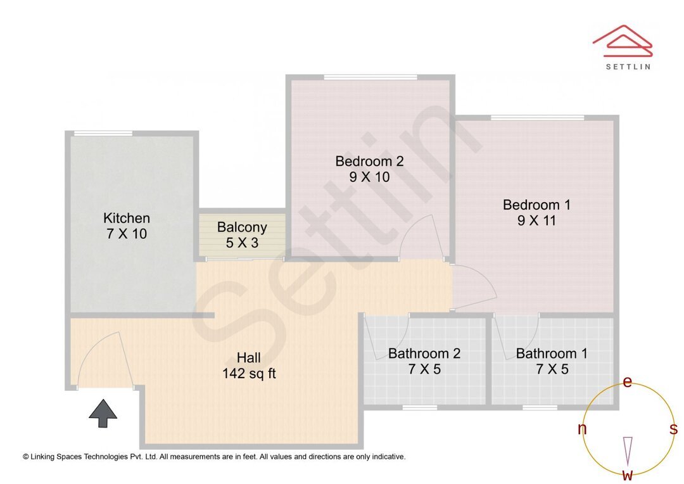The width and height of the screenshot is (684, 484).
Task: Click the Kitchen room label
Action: pyautogui.click(x=127, y=219)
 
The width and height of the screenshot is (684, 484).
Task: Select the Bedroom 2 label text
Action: pyautogui.click(x=369, y=162)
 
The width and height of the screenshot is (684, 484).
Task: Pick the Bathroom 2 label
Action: pyautogui.click(x=424, y=353)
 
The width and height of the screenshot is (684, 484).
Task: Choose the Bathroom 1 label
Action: pyautogui.click(x=552, y=353)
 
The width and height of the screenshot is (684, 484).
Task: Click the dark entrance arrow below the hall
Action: pyautogui.click(x=103, y=414)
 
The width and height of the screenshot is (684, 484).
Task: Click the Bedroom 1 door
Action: pyautogui.click(x=474, y=288)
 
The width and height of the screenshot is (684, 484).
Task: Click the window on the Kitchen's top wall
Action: pyautogui.click(x=103, y=133)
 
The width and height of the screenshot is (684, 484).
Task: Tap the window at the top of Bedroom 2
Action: pyautogui.click(x=370, y=77)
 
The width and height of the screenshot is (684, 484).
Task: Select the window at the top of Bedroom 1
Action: pyautogui.click(x=537, y=118)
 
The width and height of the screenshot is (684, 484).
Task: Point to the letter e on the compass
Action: pyautogui.click(x=628, y=381)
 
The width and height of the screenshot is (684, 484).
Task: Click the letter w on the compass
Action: pyautogui.click(x=628, y=475)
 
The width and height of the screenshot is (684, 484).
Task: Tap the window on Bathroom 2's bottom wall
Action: pyautogui.click(x=419, y=407)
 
